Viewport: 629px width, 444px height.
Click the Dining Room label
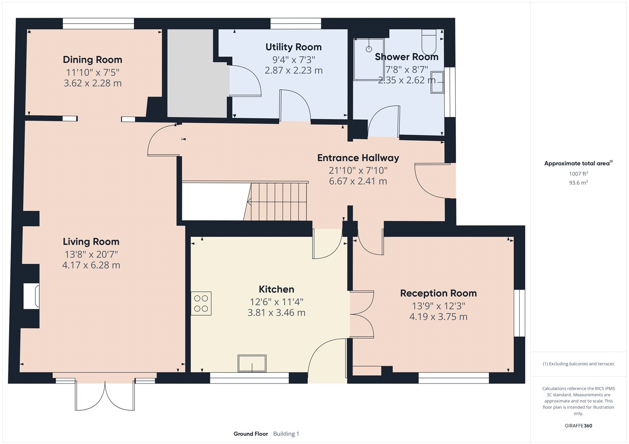[x=92, y=60]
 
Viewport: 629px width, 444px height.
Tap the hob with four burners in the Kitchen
[x=201, y=303]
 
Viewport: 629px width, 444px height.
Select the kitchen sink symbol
[x=252, y=363]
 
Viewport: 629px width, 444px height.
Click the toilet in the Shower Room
[x=429, y=42]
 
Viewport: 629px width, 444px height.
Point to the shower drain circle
[x=369, y=49]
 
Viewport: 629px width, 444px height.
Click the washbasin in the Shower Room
[x=437, y=82]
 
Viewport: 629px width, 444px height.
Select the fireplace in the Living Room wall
[x=31, y=296]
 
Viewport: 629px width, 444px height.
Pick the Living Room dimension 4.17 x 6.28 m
[x=91, y=265]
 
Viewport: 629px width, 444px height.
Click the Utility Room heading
[x=293, y=47]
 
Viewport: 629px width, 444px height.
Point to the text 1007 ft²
[x=578, y=174]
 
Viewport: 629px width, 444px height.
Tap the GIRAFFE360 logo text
[x=578, y=426]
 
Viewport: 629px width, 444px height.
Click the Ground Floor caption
[x=250, y=434]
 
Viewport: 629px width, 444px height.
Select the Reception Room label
[x=438, y=293]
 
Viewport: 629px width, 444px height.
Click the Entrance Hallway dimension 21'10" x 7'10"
[x=358, y=170]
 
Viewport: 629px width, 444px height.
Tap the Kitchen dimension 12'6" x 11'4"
[x=276, y=302]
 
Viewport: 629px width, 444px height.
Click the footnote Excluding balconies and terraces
[x=578, y=364]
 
